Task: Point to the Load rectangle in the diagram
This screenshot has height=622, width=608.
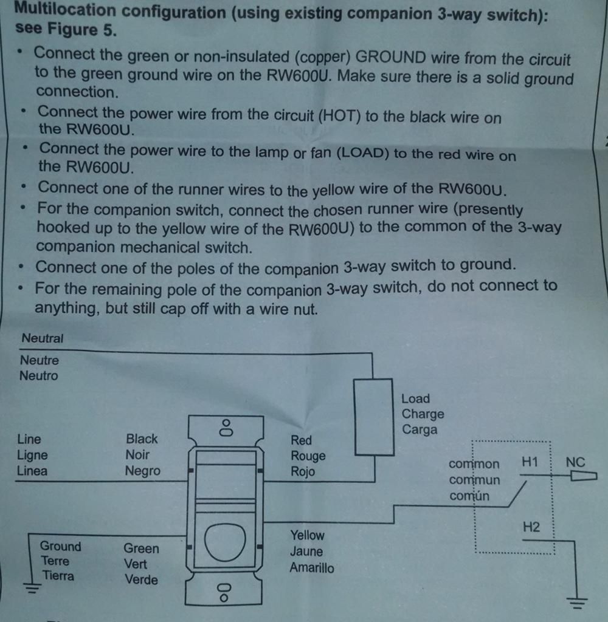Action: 373,417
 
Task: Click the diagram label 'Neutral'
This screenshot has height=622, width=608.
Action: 42,338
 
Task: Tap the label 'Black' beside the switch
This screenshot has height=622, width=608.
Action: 142,439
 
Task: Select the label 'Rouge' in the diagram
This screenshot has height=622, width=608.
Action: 308,456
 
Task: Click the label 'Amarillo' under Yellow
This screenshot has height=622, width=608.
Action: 311,569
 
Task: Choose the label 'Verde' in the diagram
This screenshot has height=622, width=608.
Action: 141,580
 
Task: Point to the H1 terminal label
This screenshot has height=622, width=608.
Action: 530,462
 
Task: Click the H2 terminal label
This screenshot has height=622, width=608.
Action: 531,527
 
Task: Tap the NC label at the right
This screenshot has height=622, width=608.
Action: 575,462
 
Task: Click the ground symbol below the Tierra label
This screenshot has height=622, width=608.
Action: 31,587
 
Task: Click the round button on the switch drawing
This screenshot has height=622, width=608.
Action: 225,541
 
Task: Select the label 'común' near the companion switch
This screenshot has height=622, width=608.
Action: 469,496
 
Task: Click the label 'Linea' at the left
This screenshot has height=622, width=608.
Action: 32,471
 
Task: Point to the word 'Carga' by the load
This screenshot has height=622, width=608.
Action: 419,430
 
